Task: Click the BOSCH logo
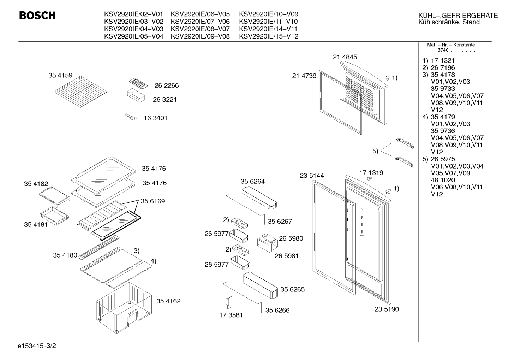(37, 16)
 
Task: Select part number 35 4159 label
(60, 75)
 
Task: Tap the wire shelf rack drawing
(81, 91)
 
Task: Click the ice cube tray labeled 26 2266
(138, 83)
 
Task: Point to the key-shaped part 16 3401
(131, 117)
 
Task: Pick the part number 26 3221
(165, 100)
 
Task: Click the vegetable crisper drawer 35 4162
(124, 308)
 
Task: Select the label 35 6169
(153, 201)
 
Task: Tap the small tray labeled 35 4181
(54, 216)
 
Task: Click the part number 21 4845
(345, 57)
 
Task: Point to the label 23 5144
(312, 176)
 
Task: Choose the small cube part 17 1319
(370, 179)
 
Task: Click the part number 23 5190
(387, 309)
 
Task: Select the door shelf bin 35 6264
(259, 197)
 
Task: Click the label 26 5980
(291, 238)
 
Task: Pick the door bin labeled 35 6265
(260, 285)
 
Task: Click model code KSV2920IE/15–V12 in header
(269, 36)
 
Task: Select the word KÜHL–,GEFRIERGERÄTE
(458, 16)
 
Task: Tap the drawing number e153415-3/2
(37, 346)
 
